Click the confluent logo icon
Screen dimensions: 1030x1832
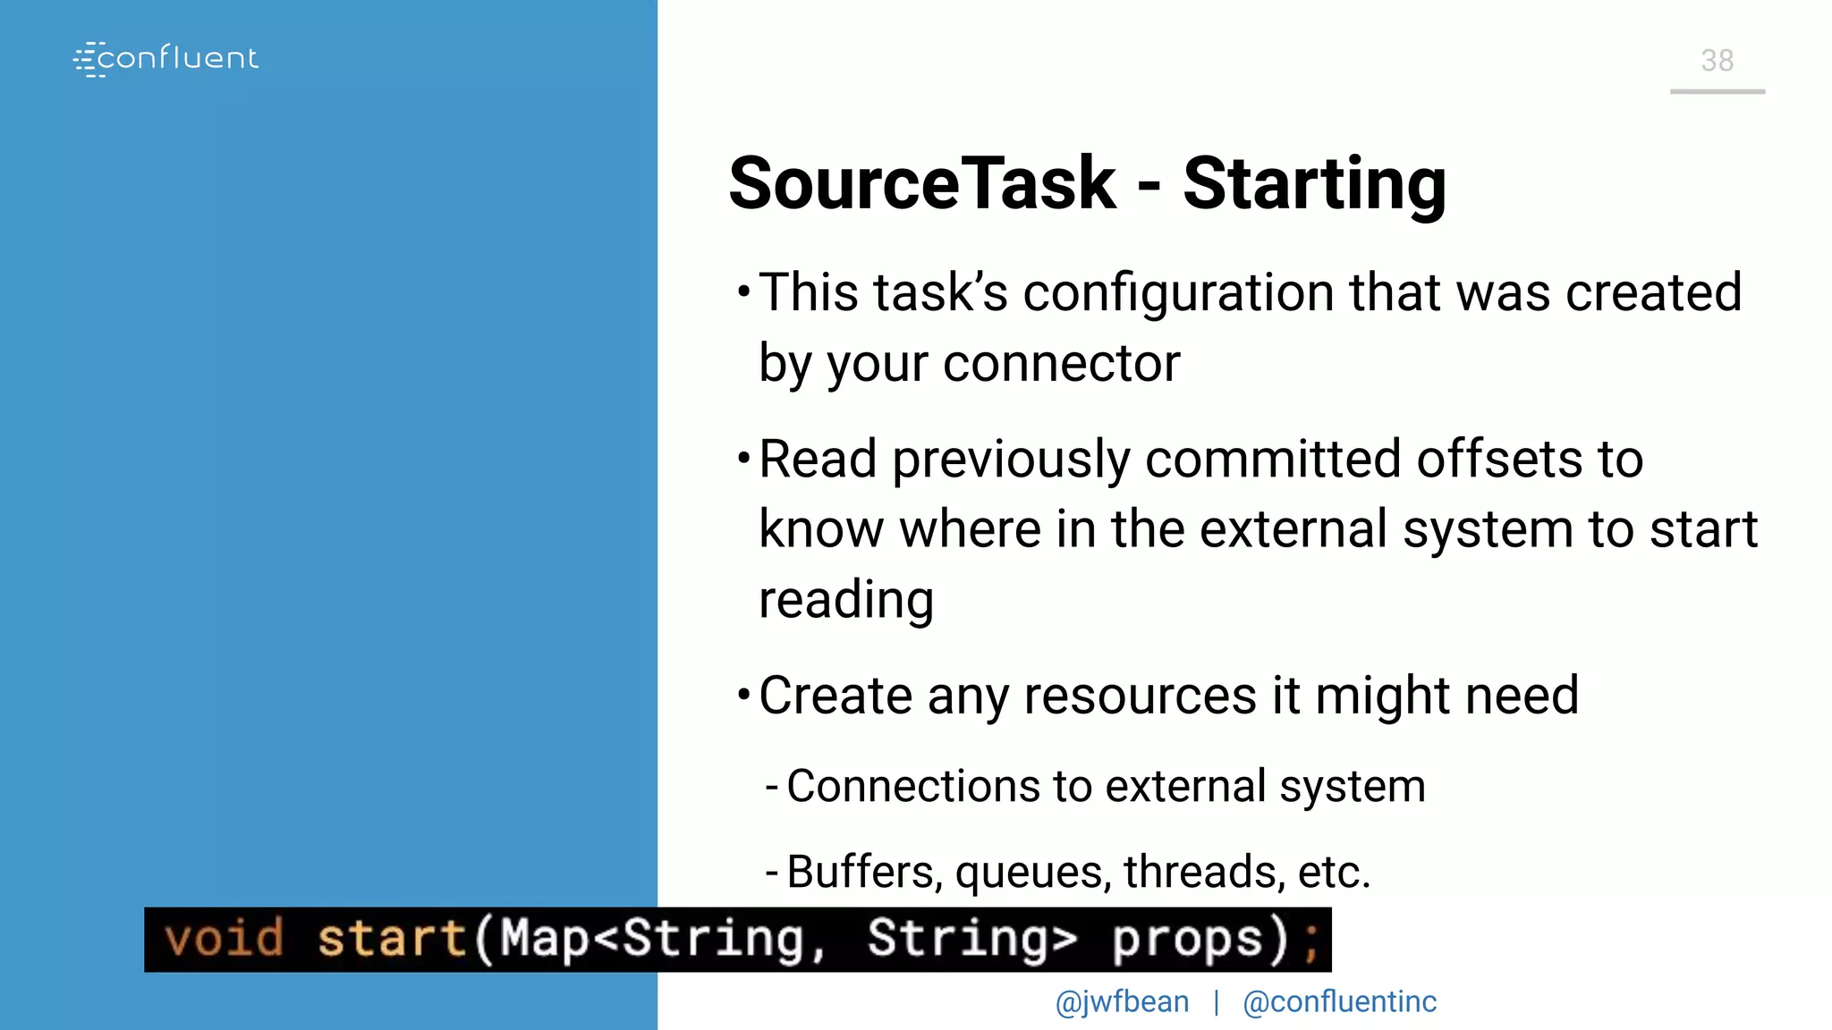[x=88, y=59]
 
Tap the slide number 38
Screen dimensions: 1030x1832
[x=1717, y=61]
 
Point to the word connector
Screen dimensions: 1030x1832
[x=1061, y=364]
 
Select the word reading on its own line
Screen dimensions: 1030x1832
[x=845, y=600]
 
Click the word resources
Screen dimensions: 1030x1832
[x=1140, y=696]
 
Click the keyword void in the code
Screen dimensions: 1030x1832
[x=224, y=939]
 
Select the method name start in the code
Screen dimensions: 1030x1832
[x=392, y=939]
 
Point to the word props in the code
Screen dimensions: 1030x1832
[x=1186, y=939]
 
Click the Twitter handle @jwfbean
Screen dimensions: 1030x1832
[x=1122, y=1002]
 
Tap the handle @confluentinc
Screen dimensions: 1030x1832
[x=1339, y=1002]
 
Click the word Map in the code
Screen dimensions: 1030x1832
[x=544, y=939]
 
